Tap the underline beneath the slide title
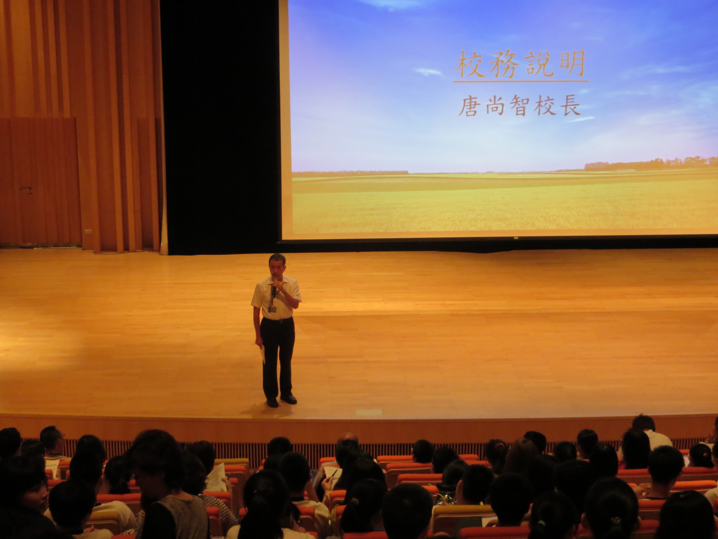click(x=521, y=81)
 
